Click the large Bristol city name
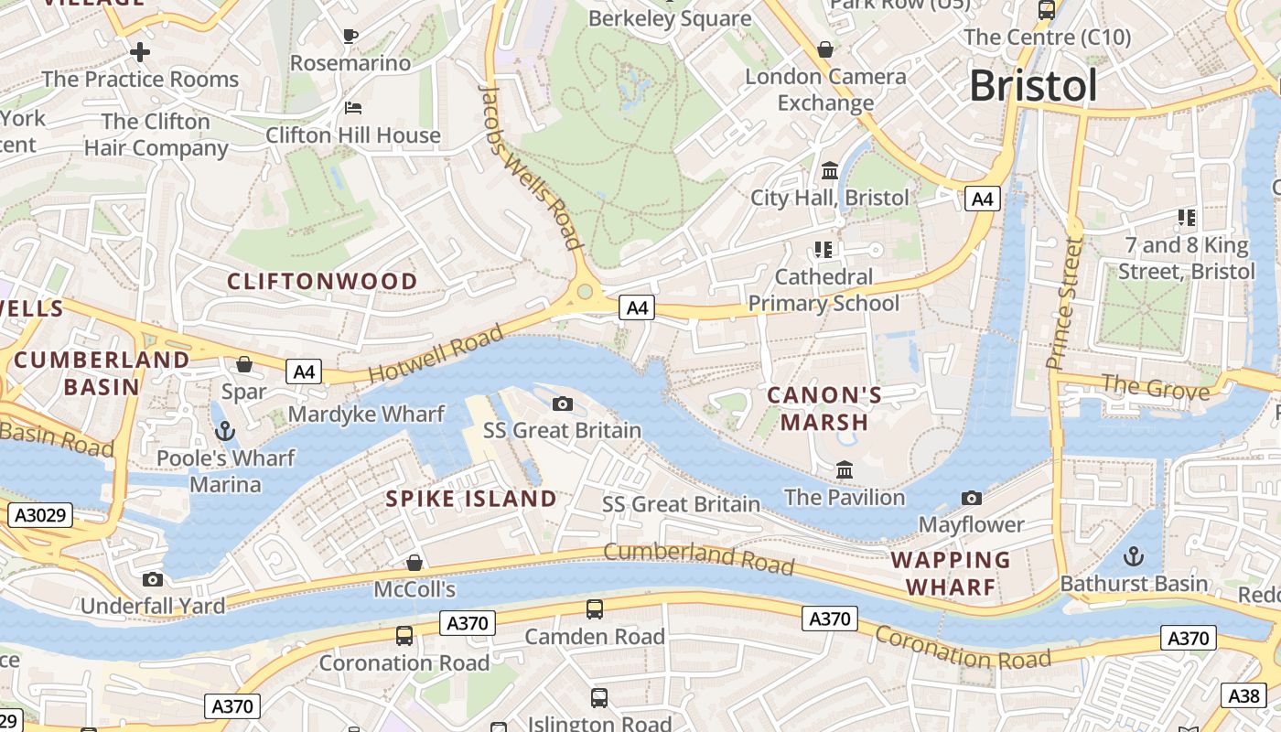tap(1032, 86)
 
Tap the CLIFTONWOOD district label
tap(322, 281)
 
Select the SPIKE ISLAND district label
tap(471, 499)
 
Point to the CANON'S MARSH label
tap(824, 408)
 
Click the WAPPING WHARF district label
tap(951, 573)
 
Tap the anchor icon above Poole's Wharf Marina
tap(224, 430)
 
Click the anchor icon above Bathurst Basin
tap(1134, 555)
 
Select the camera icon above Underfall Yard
tap(153, 579)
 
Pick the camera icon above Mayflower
tap(972, 498)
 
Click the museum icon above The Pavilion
tap(845, 470)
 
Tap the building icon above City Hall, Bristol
tap(830, 170)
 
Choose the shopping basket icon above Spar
tap(244, 364)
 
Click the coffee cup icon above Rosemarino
tap(350, 36)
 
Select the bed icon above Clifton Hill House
tap(353, 108)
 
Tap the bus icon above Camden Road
tap(595, 608)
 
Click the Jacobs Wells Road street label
tap(532, 167)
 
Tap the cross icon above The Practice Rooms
tap(139, 51)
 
